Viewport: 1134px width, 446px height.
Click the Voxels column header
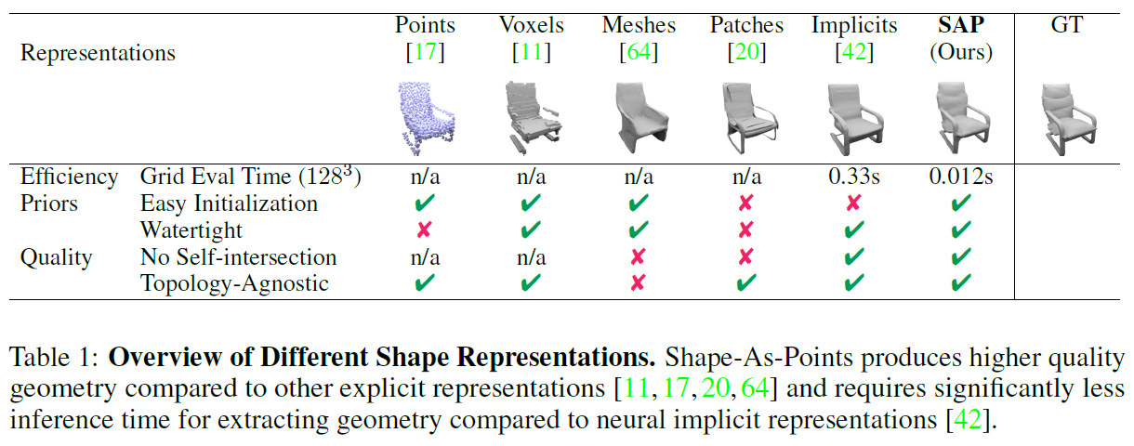(x=532, y=25)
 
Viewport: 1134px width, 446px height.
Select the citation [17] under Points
(x=426, y=53)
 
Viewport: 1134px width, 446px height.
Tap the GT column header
(x=1066, y=25)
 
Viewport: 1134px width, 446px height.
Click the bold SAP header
(x=961, y=25)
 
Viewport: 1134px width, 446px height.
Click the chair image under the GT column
(x=1066, y=117)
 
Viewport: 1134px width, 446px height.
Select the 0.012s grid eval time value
(x=961, y=177)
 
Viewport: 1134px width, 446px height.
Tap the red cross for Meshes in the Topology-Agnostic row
(x=638, y=283)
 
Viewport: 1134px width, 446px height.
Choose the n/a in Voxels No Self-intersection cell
(x=532, y=256)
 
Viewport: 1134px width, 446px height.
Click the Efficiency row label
(x=69, y=177)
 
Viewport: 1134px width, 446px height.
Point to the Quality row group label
(x=56, y=256)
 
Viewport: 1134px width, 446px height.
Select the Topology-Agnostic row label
(x=234, y=283)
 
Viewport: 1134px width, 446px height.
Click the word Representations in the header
(x=98, y=53)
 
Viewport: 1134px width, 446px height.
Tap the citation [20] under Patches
(x=746, y=53)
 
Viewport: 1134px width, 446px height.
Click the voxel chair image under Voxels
(x=532, y=117)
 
